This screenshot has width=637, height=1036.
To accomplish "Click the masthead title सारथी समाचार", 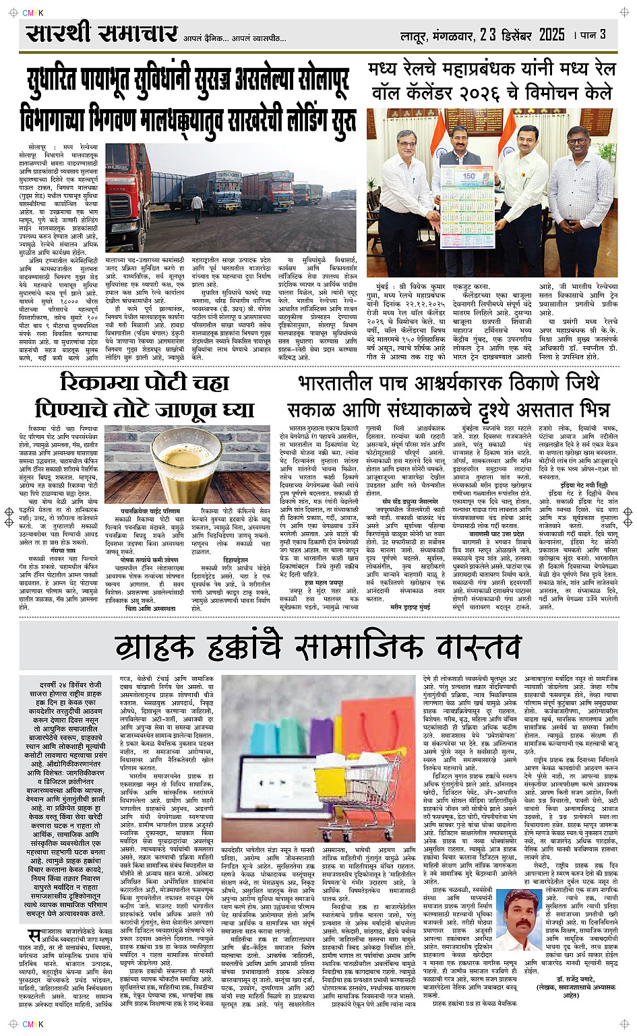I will click(x=101, y=33).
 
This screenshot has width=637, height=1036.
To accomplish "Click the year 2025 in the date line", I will click(x=551, y=34).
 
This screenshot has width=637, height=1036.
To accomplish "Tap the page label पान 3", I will click(x=593, y=35).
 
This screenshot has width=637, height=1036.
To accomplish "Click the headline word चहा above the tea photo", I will click(x=210, y=383).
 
